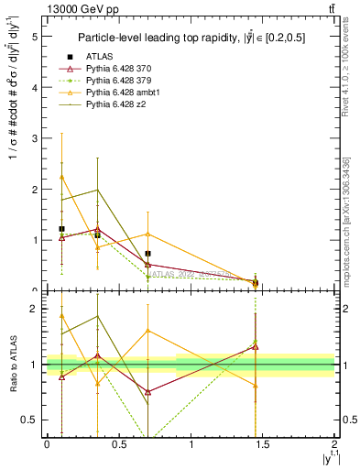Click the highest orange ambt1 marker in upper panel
pos(61,177)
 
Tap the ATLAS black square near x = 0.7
pos(147,254)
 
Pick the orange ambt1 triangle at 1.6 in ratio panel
pos(147,331)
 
